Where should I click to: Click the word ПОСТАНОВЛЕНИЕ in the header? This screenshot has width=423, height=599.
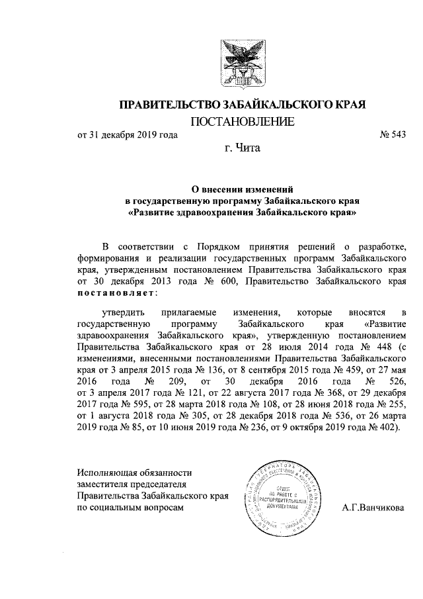click(242, 122)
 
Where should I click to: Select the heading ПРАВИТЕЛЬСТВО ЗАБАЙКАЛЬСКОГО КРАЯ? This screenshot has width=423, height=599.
click(242, 105)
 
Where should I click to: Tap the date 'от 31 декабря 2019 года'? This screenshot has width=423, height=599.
click(128, 136)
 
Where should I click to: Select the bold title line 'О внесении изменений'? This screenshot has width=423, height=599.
click(241, 189)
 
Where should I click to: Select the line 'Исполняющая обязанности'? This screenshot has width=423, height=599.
click(134, 473)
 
